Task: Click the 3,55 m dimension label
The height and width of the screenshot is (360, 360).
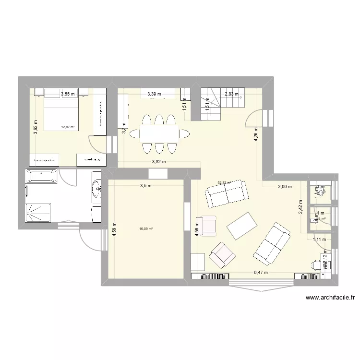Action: pyautogui.click(x=68, y=94)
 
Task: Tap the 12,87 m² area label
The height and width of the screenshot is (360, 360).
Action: pyautogui.click(x=68, y=127)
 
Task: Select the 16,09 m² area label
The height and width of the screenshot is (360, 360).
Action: pyautogui.click(x=146, y=229)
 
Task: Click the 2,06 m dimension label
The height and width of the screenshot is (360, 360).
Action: pyautogui.click(x=285, y=187)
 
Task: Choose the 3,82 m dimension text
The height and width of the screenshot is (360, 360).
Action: pyautogui.click(x=159, y=162)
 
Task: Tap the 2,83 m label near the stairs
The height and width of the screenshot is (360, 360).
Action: pyautogui.click(x=232, y=94)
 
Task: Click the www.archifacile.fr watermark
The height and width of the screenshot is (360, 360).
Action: pyautogui.click(x=330, y=298)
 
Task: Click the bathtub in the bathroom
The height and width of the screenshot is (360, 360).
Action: pyautogui.click(x=41, y=176)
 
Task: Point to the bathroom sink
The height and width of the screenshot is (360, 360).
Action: pyautogui.click(x=97, y=189)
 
